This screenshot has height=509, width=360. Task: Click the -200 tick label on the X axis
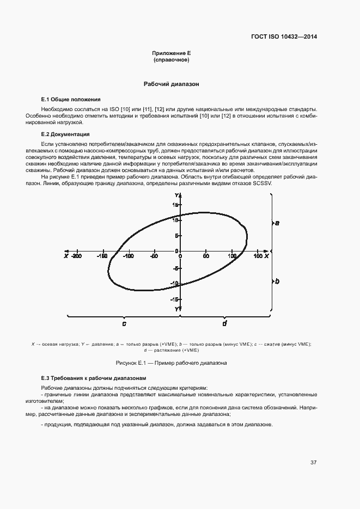76,256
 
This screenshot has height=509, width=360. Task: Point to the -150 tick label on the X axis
102,256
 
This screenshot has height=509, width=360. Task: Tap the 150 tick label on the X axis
258,256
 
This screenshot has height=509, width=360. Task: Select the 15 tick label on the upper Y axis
175,205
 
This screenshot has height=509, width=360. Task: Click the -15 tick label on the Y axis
174,299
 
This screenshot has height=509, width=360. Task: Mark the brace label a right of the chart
277,223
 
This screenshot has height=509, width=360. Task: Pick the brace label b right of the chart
277,281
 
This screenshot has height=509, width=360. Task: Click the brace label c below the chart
124,323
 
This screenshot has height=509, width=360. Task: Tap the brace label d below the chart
224,323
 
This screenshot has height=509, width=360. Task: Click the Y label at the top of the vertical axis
177,195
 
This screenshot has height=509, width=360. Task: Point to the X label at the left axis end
65,256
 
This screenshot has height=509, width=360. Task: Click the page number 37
313,463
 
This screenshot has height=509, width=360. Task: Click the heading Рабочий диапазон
172,84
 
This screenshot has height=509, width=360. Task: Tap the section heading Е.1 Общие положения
71,100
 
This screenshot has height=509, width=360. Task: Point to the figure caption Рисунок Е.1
171,363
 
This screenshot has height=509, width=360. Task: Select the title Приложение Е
172,53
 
